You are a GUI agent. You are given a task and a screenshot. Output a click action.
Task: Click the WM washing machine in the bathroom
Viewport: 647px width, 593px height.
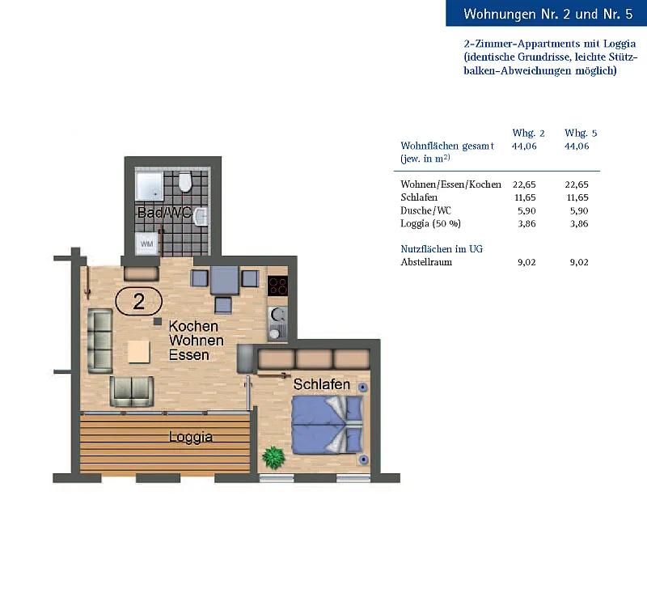tap(147, 244)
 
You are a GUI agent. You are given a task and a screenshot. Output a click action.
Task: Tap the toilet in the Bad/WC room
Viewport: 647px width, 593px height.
tap(185, 182)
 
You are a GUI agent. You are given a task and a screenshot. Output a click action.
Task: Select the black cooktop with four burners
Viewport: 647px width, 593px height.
tap(277, 286)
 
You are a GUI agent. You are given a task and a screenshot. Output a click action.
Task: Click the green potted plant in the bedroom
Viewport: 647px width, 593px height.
tap(273, 457)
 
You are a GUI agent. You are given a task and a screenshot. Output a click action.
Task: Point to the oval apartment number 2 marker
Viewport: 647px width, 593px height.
tap(138, 301)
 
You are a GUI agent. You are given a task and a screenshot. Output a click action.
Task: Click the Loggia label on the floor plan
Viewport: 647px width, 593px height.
tap(191, 437)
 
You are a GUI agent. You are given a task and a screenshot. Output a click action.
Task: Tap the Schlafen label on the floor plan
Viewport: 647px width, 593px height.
tap(321, 384)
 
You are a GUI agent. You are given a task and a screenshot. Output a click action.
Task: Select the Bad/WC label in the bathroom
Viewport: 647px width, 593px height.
tap(164, 213)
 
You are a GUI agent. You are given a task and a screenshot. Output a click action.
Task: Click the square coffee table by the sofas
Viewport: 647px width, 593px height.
tap(138, 351)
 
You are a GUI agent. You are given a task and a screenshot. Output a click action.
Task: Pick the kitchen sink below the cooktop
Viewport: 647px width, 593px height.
tap(277, 324)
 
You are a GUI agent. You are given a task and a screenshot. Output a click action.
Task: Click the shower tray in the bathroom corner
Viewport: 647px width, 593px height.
tap(150, 186)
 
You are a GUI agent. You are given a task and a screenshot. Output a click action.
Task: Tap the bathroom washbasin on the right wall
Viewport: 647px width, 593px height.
tap(201, 217)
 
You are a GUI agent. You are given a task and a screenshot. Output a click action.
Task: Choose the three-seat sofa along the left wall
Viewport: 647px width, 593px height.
tap(100, 341)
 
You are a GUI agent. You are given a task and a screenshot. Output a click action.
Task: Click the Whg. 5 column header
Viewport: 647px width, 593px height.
tap(581, 133)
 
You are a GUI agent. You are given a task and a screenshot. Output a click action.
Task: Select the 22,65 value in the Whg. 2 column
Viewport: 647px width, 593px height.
tap(524, 184)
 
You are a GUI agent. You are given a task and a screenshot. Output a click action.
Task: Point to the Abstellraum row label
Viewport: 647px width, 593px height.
tap(426, 262)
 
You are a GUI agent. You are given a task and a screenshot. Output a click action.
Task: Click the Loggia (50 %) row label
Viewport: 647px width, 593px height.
tap(430, 223)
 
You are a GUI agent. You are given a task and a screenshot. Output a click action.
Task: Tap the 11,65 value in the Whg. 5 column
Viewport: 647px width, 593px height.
tap(577, 197)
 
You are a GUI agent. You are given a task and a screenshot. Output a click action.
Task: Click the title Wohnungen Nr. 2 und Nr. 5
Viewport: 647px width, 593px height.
tap(548, 14)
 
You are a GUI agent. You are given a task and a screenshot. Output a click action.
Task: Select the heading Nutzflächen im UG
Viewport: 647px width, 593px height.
tap(442, 249)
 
